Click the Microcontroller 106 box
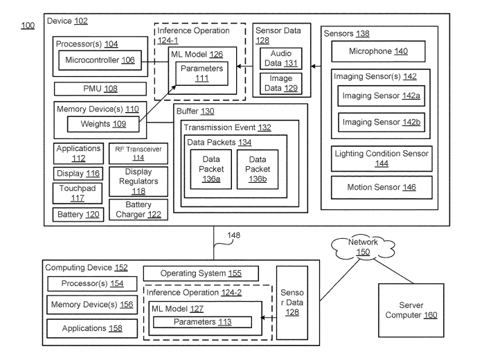tap(100, 61)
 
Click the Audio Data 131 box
tap(277, 59)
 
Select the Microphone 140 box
tap(379, 51)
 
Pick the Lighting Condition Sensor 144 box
tap(379, 159)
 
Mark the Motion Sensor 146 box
tap(379, 187)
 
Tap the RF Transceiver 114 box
tap(127, 152)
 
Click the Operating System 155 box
tap(201, 273)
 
